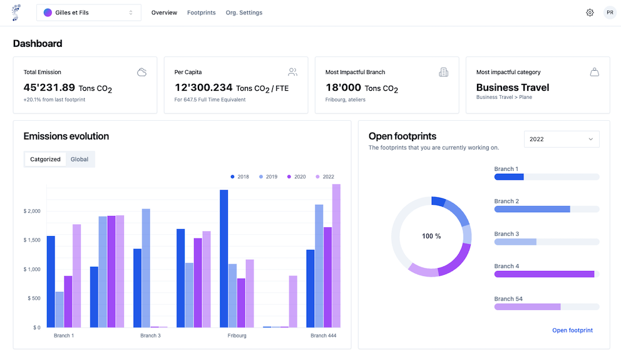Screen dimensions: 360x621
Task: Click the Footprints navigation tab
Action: [201, 13]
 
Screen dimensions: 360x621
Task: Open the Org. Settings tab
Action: [244, 13]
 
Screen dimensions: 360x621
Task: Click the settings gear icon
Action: [590, 13]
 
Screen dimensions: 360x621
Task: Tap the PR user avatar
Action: [610, 13]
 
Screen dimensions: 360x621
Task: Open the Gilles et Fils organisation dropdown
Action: [88, 13]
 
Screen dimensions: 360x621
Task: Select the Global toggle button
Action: [80, 159]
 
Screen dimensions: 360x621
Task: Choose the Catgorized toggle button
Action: [46, 159]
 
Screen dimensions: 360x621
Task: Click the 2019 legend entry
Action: [267, 177]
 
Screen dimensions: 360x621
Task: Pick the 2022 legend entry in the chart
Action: [324, 177]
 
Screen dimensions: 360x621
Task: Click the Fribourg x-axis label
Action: [237, 336]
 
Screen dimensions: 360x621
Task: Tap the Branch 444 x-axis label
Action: [323, 336]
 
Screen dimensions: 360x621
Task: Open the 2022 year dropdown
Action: [562, 139]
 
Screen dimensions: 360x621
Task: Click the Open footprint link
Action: [572, 330]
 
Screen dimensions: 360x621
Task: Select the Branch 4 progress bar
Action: [547, 274]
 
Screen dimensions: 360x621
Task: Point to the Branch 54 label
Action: [508, 299]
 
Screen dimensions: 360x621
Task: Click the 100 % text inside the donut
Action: [431, 236]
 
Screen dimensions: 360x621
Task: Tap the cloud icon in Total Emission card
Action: [142, 72]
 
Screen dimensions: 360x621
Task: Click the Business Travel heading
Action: [513, 88]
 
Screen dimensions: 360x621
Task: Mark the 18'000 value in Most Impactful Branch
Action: [343, 88]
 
